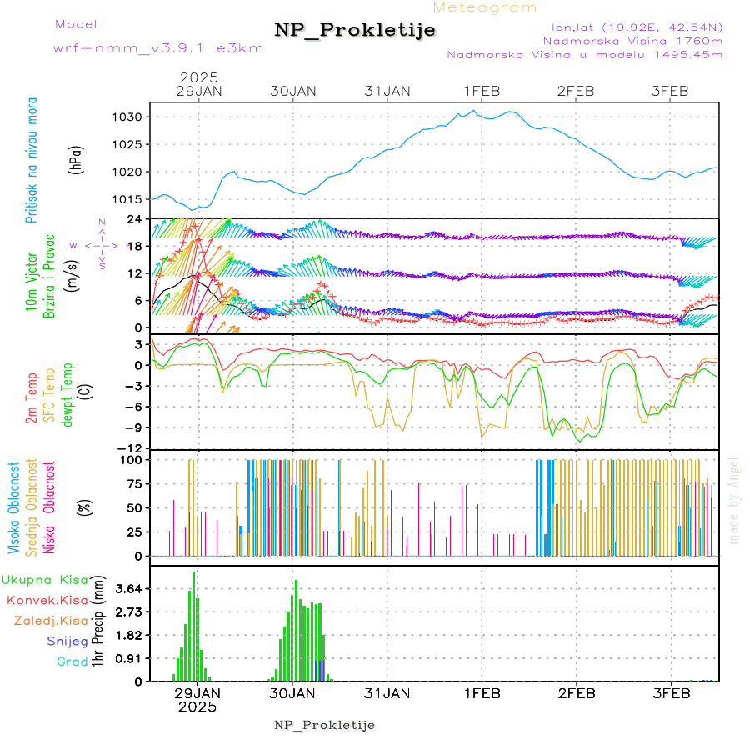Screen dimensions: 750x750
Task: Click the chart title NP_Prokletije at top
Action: click(355, 30)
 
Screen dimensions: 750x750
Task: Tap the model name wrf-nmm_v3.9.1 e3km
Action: click(158, 47)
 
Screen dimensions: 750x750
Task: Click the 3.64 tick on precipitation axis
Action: click(129, 589)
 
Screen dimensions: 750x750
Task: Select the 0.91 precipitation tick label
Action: click(129, 658)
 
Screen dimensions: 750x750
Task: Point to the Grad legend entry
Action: click(72, 662)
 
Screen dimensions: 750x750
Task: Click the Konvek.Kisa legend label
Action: click(47, 601)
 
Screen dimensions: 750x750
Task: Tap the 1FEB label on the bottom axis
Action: click(482, 692)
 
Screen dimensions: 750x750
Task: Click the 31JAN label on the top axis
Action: click(387, 90)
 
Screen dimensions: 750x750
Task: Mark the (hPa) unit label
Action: click(77, 158)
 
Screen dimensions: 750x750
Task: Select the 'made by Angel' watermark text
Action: click(733, 500)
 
